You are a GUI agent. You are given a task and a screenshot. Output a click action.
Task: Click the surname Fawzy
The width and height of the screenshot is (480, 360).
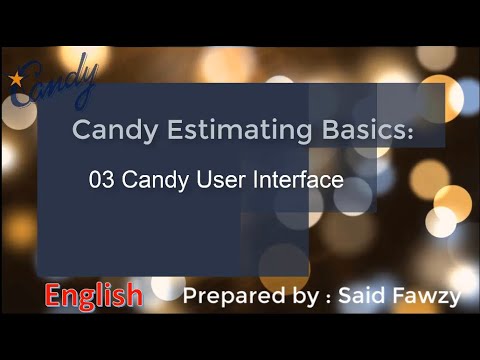[x=425, y=297]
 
